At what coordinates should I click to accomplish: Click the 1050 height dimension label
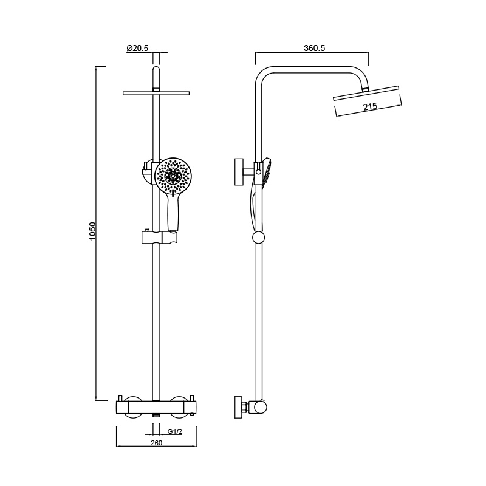point(93,231)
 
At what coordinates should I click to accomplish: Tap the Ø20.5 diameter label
point(138,48)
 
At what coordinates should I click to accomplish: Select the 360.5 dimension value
point(314,48)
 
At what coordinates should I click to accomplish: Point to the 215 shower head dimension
point(370,107)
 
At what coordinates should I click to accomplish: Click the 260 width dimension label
point(156,443)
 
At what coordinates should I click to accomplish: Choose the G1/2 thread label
point(175,431)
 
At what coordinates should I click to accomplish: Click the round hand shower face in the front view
point(172,175)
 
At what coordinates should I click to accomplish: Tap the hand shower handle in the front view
point(173,211)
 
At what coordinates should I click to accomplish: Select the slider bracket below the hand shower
point(160,237)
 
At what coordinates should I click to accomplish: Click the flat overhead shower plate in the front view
point(156,93)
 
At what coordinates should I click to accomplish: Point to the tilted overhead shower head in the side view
point(366,93)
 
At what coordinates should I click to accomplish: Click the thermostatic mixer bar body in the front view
point(156,408)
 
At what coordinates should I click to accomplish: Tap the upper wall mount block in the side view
point(239,172)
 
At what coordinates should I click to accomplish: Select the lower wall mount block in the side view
point(239,407)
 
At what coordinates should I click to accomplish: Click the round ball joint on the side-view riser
point(259,238)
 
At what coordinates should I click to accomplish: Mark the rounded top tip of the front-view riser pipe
point(156,67)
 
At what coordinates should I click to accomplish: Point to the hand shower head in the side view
point(266,173)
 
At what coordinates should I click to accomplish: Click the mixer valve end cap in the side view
point(260,408)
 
